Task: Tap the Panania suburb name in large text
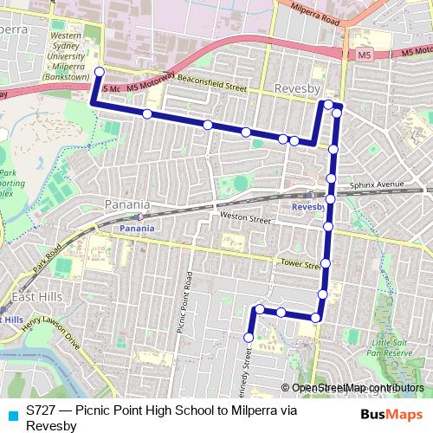click(x=127, y=205)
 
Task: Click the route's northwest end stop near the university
click(x=99, y=72)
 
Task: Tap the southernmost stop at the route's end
click(x=249, y=338)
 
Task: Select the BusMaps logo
click(x=392, y=414)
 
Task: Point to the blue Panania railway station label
click(x=137, y=228)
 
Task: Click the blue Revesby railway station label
click(x=307, y=208)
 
